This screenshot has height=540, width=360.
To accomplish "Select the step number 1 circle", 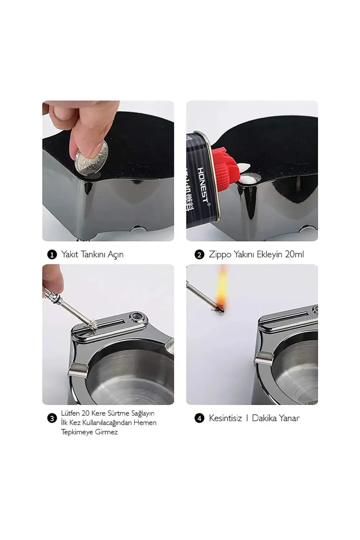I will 52,255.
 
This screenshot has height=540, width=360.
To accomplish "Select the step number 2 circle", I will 199,255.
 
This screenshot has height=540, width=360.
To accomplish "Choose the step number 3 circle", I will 52,418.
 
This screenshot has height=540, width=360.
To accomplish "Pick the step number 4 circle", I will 199,418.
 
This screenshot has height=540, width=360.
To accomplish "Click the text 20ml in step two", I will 294,254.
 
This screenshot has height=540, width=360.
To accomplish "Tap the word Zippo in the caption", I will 221,255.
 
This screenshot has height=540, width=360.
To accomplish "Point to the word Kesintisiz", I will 225,418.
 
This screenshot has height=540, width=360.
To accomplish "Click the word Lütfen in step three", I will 70,413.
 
